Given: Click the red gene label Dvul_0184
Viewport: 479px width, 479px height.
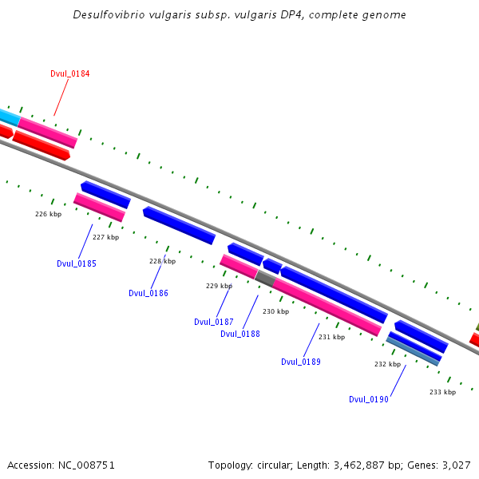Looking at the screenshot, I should click(69, 73).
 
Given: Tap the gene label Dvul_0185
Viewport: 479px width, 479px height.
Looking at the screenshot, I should click(77, 263).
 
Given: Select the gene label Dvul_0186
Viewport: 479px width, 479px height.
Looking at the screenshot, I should click(148, 293).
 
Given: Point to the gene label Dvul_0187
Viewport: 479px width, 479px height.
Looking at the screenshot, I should click(214, 322).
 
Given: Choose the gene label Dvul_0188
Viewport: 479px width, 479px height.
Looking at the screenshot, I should click(240, 334).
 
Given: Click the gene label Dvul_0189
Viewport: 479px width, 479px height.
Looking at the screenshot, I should click(301, 362).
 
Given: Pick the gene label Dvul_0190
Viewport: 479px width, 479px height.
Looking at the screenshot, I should click(369, 399).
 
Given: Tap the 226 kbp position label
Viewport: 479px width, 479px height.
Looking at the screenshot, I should click(48, 214).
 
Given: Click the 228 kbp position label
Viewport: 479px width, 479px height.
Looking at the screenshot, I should click(162, 261).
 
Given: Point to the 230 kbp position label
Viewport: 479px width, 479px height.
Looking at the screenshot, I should click(275, 311).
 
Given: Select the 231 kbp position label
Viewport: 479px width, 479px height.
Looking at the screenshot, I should click(331, 337).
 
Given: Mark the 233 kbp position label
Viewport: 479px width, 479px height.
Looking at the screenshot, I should click(442, 392).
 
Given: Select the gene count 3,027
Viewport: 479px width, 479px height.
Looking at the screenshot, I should click(455, 465).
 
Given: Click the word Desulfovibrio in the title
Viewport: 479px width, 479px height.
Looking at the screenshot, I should click(108, 15).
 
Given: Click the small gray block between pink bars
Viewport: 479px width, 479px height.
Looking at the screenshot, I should click(265, 278).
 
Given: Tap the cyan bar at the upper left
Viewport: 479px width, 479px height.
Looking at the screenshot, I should click(9, 117).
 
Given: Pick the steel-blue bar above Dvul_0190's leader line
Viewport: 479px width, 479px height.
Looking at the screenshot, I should click(413, 351).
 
